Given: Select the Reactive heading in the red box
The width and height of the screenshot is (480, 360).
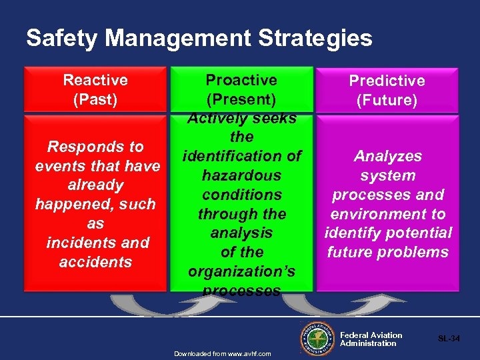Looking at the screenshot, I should click(x=95, y=81).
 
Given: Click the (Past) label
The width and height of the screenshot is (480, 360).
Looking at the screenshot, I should click(x=95, y=100).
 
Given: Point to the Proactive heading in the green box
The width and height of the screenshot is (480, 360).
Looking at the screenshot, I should click(x=241, y=81).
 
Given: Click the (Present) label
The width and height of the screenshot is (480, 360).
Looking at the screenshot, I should click(x=241, y=100).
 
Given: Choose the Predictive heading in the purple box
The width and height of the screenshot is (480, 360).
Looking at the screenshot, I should click(x=387, y=81).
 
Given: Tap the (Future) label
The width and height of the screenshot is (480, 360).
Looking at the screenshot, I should click(x=387, y=101).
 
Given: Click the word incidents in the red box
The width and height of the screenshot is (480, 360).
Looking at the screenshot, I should click(x=73, y=243).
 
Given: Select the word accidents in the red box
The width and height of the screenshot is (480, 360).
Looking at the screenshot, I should click(x=95, y=262).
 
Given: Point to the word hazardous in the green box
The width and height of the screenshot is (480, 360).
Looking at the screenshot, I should click(x=241, y=175).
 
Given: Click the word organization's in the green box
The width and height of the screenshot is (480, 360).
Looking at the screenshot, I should click(x=241, y=272).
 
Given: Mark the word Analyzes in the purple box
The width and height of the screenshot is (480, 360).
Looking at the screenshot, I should click(x=387, y=156).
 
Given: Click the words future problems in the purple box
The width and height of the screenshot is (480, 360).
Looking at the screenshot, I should click(x=387, y=253).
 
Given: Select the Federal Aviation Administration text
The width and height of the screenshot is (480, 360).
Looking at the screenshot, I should click(x=371, y=339).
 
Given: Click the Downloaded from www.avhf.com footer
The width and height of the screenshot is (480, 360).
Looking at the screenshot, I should click(x=223, y=353).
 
